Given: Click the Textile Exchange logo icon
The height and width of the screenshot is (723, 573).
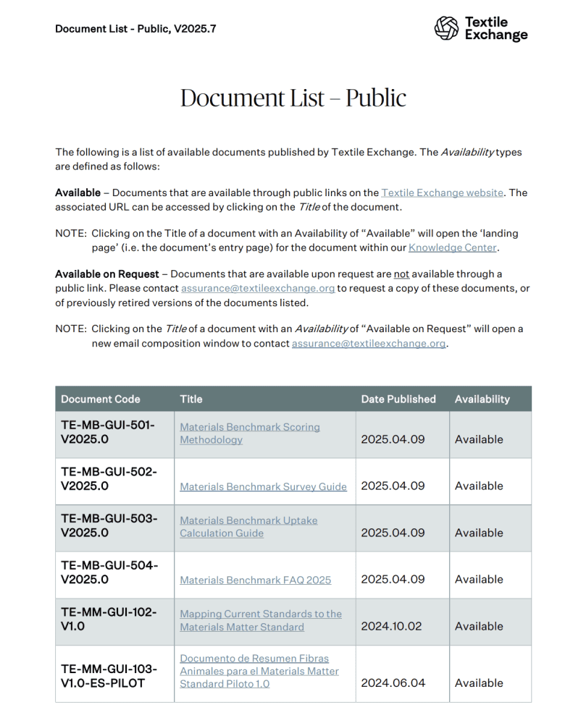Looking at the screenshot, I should (446, 28).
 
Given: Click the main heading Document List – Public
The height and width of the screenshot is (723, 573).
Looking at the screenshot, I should (293, 98).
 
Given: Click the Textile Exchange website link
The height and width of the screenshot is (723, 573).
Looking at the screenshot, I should (442, 193).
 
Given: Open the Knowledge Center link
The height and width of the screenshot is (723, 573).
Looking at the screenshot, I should (452, 248).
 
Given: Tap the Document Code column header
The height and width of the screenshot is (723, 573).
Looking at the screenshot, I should (101, 399).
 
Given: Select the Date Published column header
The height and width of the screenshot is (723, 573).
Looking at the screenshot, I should (398, 399).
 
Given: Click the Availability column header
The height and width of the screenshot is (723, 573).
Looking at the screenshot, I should (482, 399).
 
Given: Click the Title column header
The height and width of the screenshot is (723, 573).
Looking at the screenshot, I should (191, 399).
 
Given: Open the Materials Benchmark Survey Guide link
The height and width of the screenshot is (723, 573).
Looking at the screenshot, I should (263, 486).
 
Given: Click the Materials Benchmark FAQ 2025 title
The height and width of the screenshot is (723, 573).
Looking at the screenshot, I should (255, 580).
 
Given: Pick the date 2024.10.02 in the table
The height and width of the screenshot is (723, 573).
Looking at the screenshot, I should (391, 626).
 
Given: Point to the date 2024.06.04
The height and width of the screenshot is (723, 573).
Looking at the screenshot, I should (391, 682).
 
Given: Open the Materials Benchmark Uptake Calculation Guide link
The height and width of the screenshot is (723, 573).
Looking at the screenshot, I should (248, 527).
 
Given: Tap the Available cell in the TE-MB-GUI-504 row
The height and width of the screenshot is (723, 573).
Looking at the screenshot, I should (479, 579).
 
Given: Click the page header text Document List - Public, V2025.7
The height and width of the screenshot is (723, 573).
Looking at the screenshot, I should (135, 29).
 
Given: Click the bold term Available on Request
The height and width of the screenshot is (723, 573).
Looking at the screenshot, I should (107, 274).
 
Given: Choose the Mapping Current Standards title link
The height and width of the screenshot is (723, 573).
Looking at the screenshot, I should (260, 620).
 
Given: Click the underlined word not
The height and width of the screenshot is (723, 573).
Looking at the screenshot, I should (402, 274).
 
